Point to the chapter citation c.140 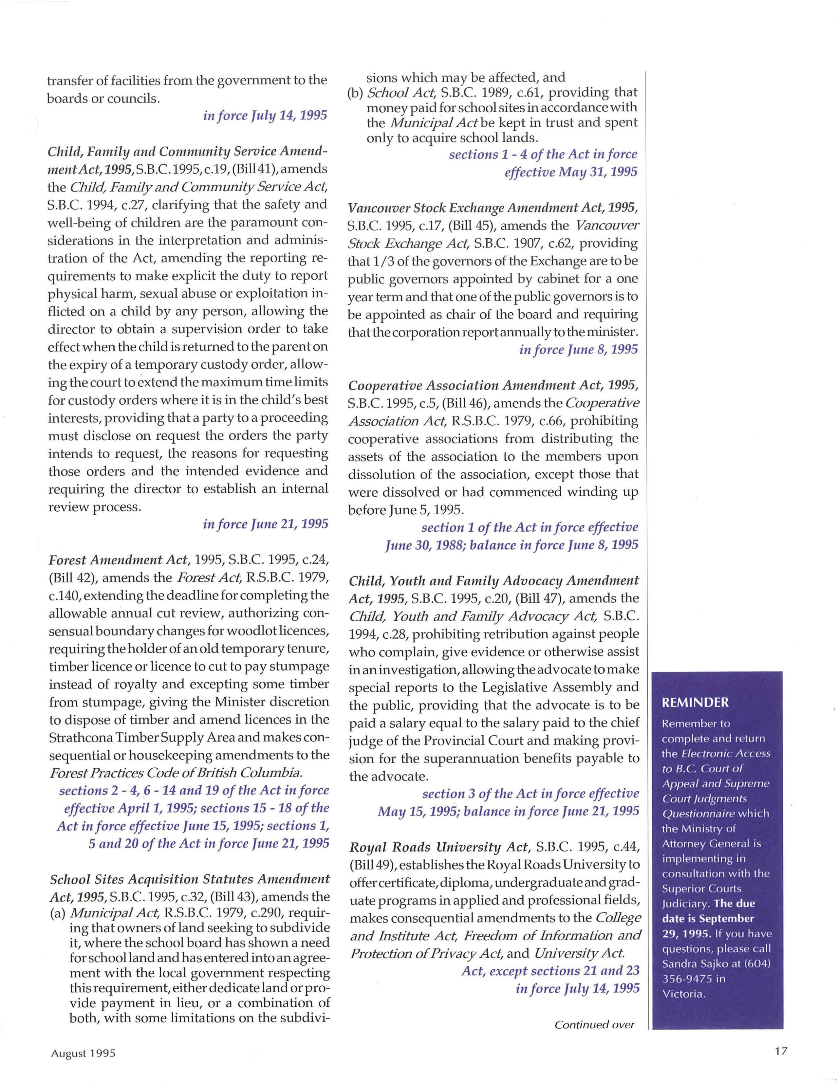click(x=61, y=596)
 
